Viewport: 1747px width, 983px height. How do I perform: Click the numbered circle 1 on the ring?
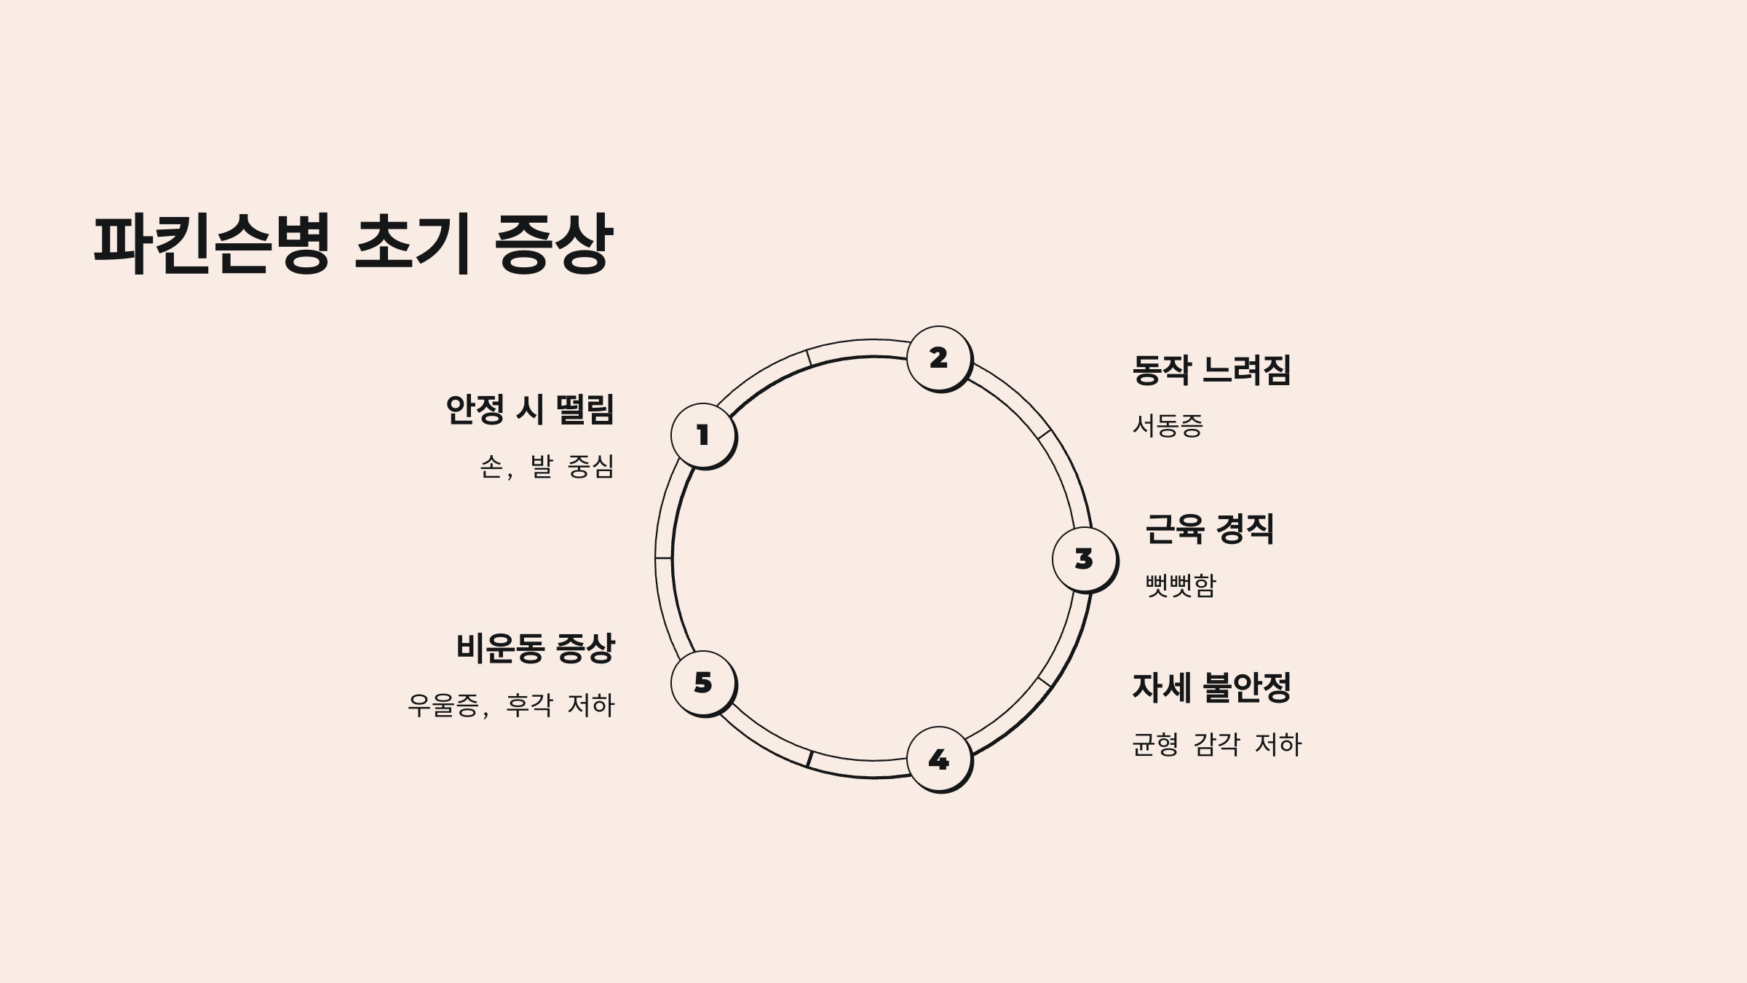click(702, 435)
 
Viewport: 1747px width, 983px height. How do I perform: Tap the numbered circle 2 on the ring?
click(938, 358)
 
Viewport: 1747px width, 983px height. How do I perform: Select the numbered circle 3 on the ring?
click(1084, 558)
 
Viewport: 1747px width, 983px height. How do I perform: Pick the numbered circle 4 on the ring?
click(938, 759)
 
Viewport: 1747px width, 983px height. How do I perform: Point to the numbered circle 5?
click(702, 682)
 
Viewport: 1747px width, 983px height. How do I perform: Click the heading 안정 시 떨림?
click(530, 409)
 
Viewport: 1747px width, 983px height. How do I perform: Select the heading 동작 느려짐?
click(1211, 370)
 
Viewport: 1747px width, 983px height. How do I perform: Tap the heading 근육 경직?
click(1210, 529)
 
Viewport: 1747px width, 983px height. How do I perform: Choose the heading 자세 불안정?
click(1211, 687)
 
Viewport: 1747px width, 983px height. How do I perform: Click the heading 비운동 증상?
click(535, 648)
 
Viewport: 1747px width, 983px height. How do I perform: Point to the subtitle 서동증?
click(1168, 426)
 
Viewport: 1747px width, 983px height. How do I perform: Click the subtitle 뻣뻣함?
click(1180, 585)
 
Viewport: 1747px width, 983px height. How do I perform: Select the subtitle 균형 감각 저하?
click(1216, 744)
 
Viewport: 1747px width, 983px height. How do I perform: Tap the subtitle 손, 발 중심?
click(547, 466)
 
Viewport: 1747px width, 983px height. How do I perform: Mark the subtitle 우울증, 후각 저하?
click(511, 705)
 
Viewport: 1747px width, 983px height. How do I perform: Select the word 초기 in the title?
click(412, 244)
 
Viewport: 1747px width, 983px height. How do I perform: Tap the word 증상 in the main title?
click(553, 244)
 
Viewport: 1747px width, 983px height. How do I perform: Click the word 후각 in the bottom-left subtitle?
click(529, 705)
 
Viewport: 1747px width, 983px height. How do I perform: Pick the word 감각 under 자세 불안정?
click(1216, 744)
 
